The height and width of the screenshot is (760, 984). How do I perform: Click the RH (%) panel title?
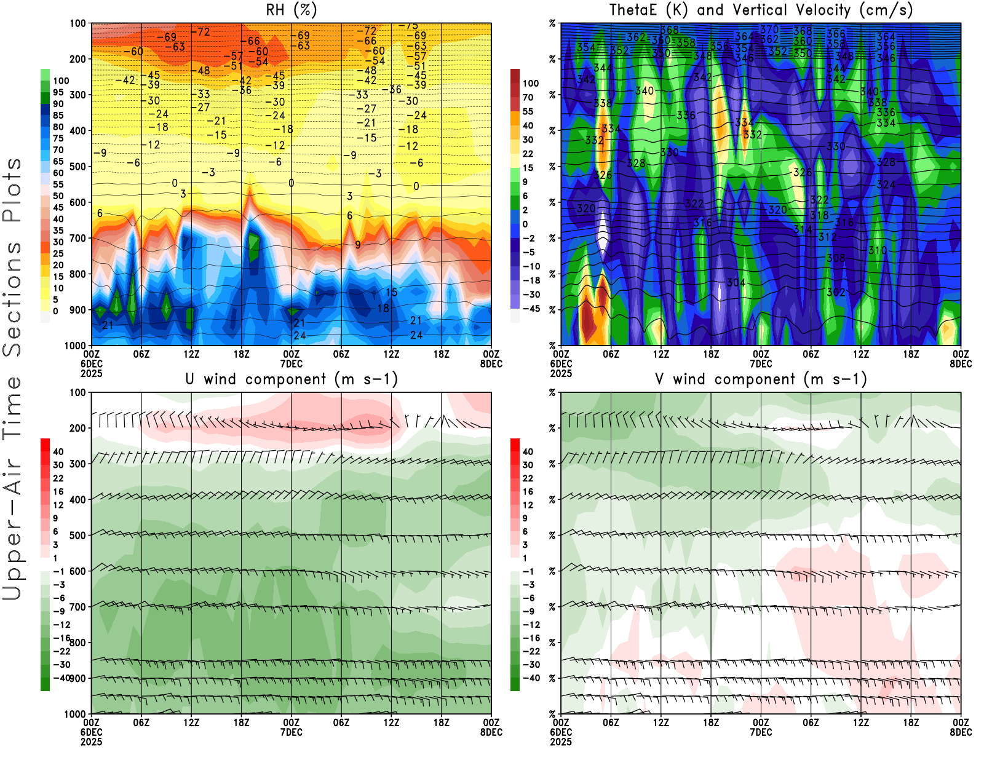pyautogui.click(x=291, y=10)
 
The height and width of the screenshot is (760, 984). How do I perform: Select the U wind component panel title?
pyautogui.click(x=291, y=379)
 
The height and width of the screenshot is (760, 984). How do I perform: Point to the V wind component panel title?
pyautogui.click(x=761, y=379)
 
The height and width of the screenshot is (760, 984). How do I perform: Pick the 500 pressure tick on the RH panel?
pyautogui.click(x=77, y=167)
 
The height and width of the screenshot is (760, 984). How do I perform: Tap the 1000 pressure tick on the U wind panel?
pyautogui.click(x=75, y=714)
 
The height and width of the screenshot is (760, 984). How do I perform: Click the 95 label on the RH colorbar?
pyautogui.click(x=58, y=92)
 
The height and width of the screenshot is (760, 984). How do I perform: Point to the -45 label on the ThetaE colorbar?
pyautogui.click(x=530, y=309)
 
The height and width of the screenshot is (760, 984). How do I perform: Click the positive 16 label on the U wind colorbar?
pyautogui.click(x=58, y=492)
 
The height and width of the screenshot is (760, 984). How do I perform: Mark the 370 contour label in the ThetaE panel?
pyautogui.click(x=769, y=30)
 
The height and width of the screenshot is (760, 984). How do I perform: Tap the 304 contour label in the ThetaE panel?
pyautogui.click(x=736, y=283)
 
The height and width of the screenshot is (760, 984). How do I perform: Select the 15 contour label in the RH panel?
pyautogui.click(x=391, y=293)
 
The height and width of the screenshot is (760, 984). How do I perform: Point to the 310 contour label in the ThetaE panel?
pyautogui.click(x=877, y=251)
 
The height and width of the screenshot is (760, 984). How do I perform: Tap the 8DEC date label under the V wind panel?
pyautogui.click(x=961, y=732)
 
